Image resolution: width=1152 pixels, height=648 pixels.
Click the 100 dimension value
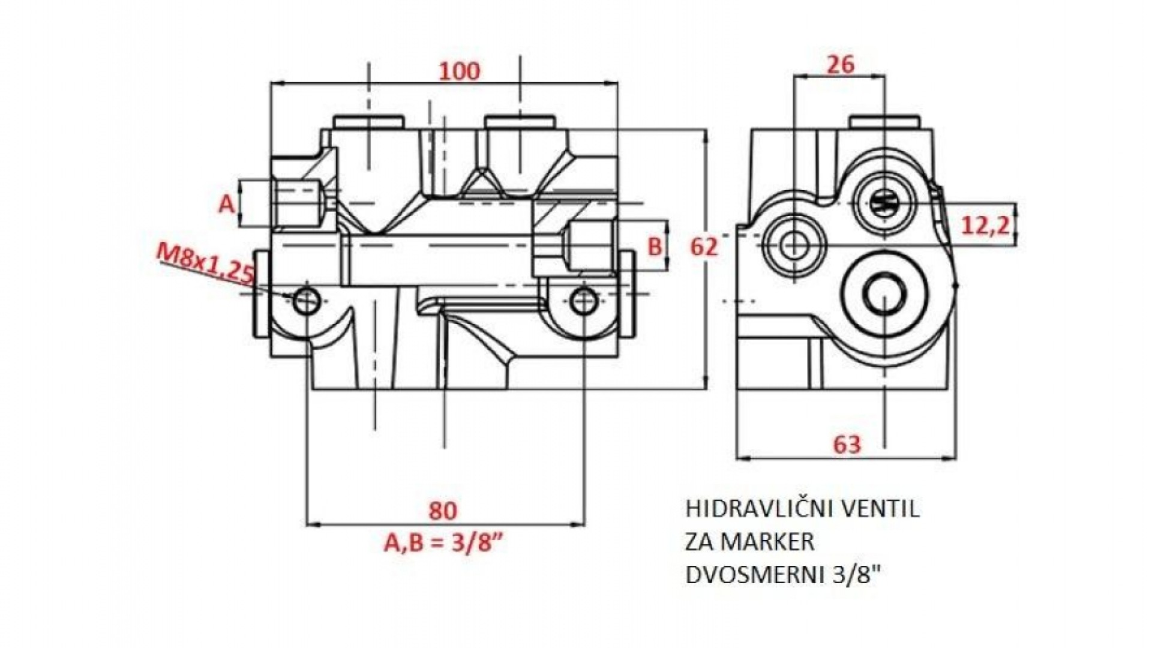click(460, 71)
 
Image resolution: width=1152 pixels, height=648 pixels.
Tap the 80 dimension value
click(443, 511)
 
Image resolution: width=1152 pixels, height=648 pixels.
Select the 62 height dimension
click(704, 246)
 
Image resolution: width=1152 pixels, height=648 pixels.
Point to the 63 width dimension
click(847, 445)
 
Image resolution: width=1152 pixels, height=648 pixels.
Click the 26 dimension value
click(840, 64)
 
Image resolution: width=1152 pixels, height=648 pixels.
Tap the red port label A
click(226, 205)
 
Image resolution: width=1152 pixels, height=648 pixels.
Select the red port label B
click(655, 246)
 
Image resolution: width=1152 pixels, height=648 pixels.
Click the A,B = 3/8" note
click(443, 543)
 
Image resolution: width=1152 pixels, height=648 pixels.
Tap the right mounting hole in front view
click(583, 301)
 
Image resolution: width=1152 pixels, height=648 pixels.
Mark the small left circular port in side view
click(794, 245)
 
